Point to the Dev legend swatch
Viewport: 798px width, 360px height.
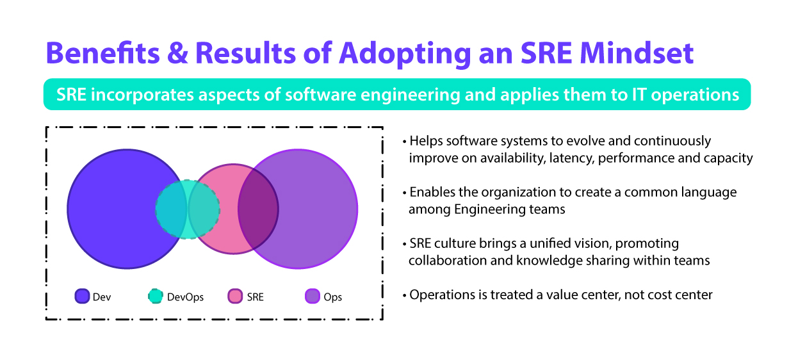click(x=82, y=296)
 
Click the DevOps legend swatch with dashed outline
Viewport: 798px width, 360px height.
click(x=155, y=296)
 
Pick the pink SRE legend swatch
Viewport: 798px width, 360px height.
click(x=235, y=296)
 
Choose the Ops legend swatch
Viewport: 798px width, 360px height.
click(x=312, y=296)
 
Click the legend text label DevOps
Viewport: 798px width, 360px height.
click(x=185, y=297)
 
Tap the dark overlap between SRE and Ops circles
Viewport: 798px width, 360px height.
click(x=258, y=209)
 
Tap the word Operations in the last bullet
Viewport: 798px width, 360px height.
click(x=441, y=295)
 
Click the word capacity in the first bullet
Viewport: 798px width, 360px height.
click(x=729, y=158)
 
